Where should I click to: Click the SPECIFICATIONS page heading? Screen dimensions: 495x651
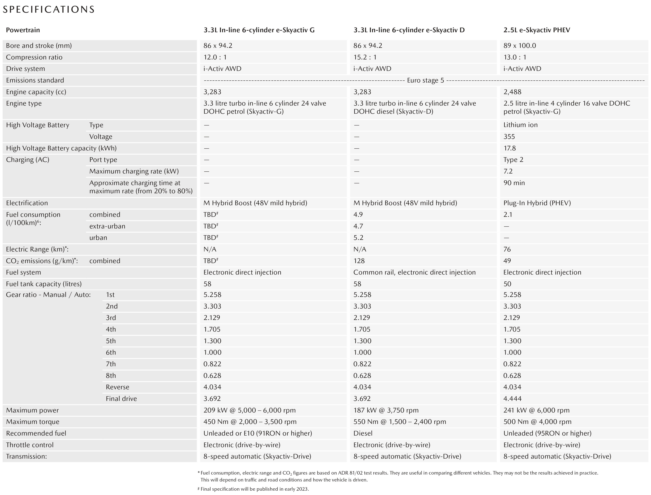(x=48, y=9)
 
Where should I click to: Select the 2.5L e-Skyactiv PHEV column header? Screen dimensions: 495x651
(x=537, y=30)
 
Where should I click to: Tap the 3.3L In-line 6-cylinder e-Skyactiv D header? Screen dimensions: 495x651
(x=409, y=30)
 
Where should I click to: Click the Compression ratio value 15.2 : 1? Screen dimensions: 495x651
(x=365, y=57)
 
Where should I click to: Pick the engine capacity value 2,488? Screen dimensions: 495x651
(x=512, y=92)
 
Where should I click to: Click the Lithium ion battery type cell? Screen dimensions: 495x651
(x=520, y=125)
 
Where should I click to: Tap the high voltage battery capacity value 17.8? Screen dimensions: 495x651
(x=509, y=148)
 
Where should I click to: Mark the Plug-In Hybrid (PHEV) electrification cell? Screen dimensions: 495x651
(x=537, y=203)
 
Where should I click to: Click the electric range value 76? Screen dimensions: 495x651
(x=507, y=249)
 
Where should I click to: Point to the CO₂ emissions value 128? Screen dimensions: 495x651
(x=359, y=261)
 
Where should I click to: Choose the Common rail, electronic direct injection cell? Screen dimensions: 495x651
(x=414, y=272)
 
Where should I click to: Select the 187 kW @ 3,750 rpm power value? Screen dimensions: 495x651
(x=386, y=410)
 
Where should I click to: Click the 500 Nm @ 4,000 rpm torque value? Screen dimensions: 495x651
(x=537, y=422)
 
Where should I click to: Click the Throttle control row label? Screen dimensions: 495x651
(x=30, y=445)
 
